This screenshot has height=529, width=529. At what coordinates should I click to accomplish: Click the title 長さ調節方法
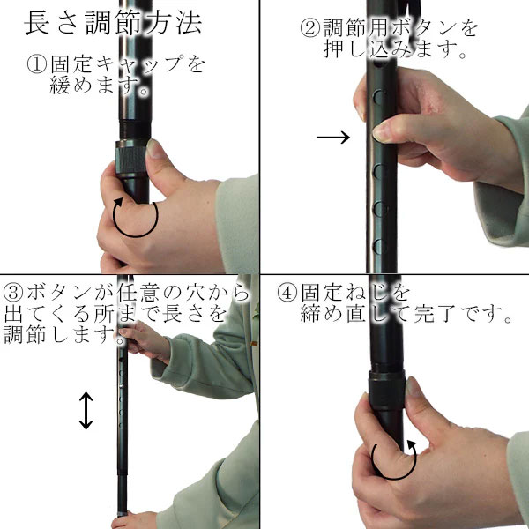pyautogui.click(x=113, y=23)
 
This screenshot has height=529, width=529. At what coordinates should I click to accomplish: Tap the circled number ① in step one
pyautogui.click(x=37, y=64)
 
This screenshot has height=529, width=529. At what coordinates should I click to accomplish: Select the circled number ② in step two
pyautogui.click(x=309, y=27)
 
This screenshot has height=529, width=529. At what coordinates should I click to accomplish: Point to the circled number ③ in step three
pyautogui.click(x=13, y=292)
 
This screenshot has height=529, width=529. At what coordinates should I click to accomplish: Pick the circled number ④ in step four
pyautogui.click(x=287, y=292)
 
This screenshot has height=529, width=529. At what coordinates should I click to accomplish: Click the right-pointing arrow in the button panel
pyautogui.click(x=333, y=138)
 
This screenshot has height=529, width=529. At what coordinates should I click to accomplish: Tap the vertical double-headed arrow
pyautogui.click(x=86, y=411)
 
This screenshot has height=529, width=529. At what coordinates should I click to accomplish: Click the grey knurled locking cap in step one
pyautogui.click(x=131, y=157)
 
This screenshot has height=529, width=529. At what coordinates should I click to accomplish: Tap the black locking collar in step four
pyautogui.click(x=387, y=390)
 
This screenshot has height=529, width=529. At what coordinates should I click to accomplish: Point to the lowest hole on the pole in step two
pyautogui.click(x=379, y=247)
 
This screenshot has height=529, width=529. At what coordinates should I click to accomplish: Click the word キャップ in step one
pyautogui.click(x=139, y=64)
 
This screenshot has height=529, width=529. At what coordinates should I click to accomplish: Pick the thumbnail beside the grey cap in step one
pyautogui.click(x=155, y=149)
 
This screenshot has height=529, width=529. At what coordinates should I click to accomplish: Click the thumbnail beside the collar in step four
pyautogui.click(x=414, y=387)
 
